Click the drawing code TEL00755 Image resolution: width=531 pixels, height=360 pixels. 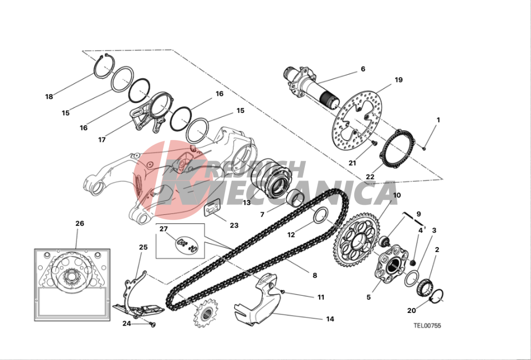point(427,326)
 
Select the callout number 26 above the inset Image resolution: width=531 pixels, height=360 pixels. point(80,223)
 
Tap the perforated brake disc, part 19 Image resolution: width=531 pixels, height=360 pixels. point(358,120)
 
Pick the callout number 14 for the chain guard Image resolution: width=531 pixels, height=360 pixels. point(330,318)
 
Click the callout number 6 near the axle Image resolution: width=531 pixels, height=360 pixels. point(363,69)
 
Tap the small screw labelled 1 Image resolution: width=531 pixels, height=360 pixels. point(424,148)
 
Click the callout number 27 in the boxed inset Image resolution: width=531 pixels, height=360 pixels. point(164,229)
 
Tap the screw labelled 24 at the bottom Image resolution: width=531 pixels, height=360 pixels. point(152,325)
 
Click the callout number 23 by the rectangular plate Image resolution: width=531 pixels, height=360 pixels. point(234,225)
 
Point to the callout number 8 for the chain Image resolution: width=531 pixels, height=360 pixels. point(315,275)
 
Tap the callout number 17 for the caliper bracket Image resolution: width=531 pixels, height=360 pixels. point(102,140)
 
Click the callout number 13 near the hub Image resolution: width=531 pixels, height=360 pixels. point(247,203)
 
